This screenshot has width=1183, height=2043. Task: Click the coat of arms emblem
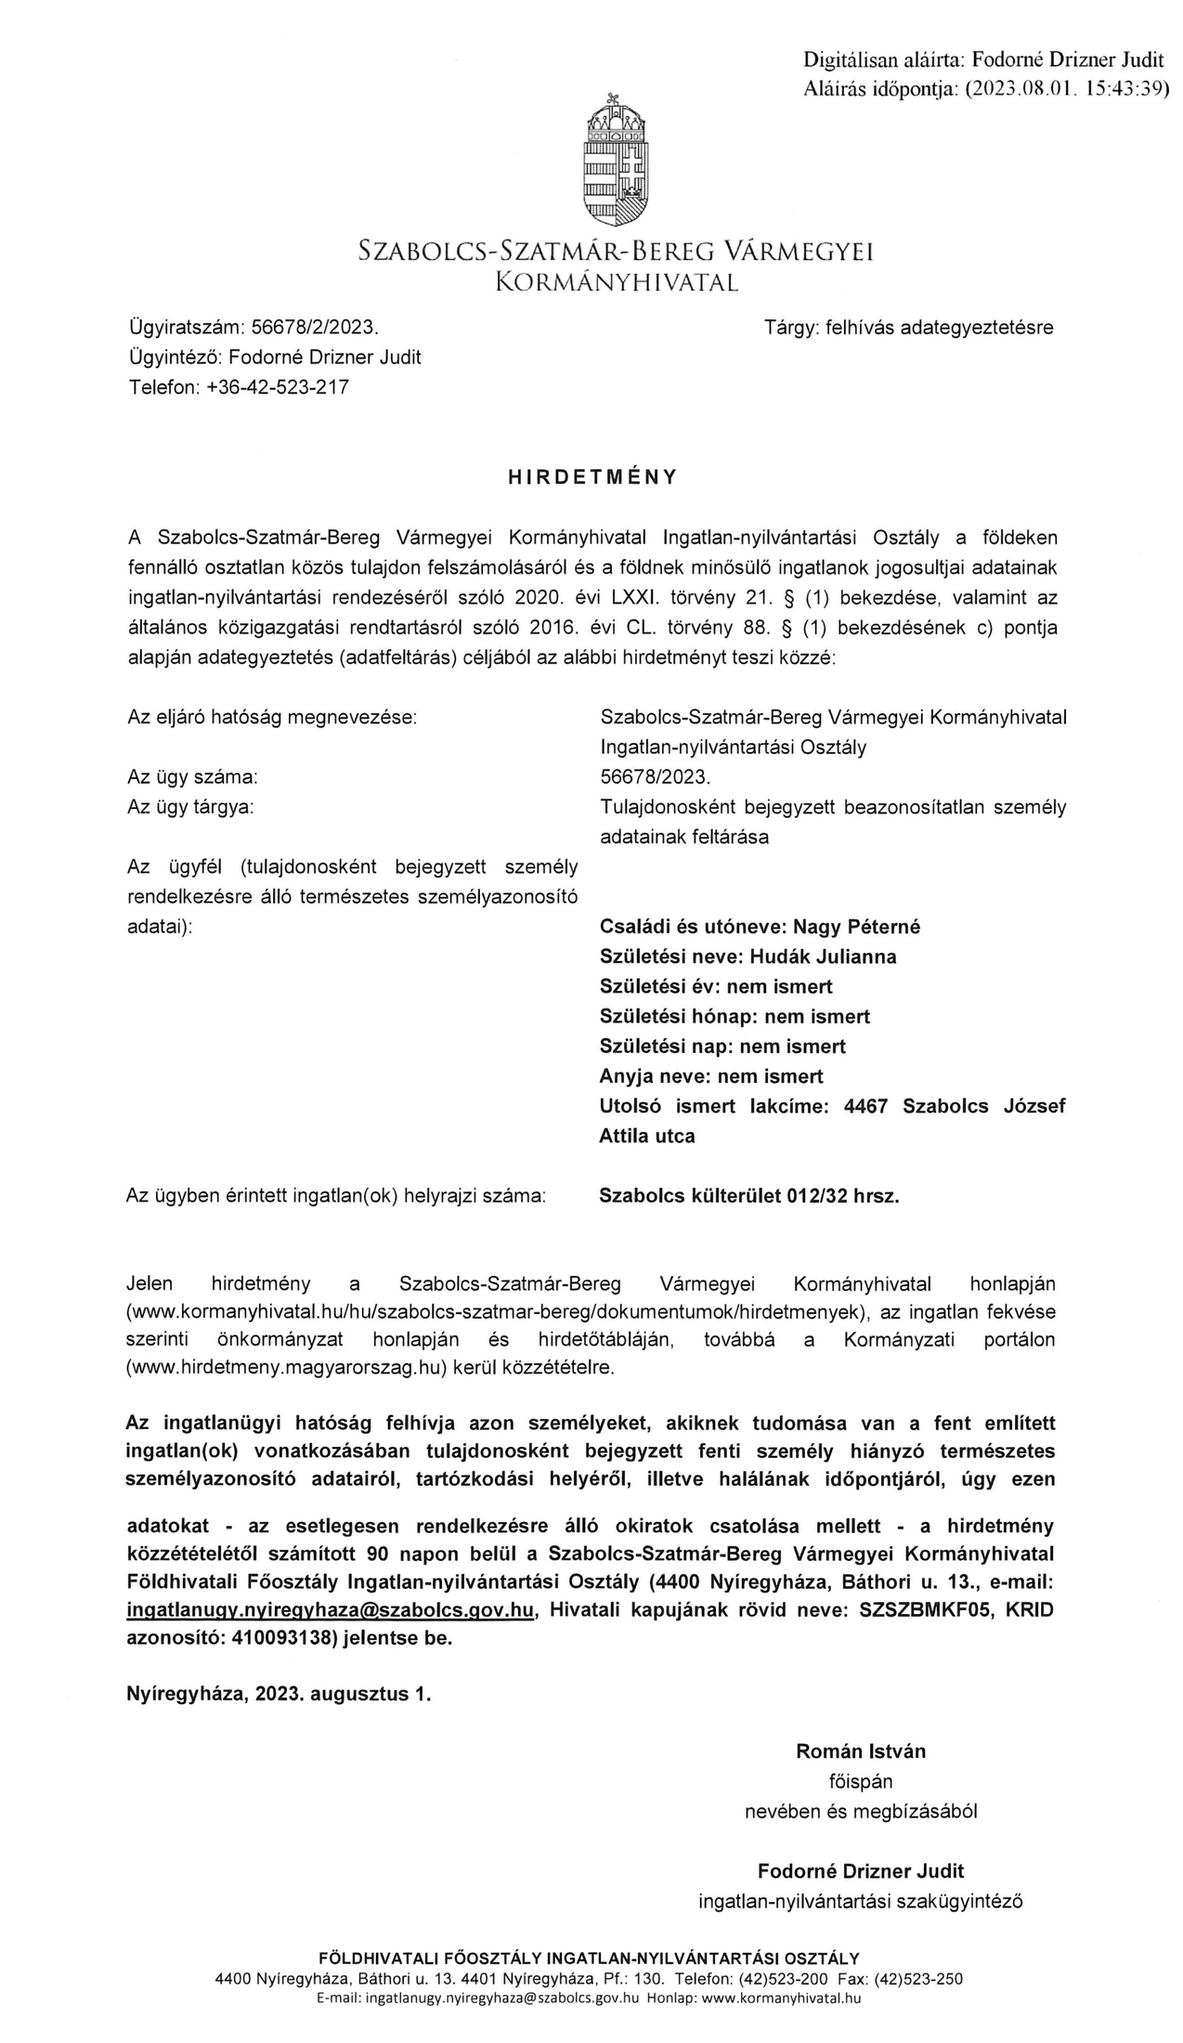[x=616, y=160]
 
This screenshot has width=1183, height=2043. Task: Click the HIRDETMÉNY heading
[x=592, y=477]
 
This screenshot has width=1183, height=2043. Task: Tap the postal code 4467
[x=865, y=1106]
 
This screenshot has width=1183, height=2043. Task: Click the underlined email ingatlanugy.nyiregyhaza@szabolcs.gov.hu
[x=331, y=1611]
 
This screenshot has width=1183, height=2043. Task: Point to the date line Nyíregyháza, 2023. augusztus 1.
[x=279, y=1693]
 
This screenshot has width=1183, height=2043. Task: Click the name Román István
[x=860, y=1751]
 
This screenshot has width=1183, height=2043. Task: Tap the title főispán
[x=860, y=1781]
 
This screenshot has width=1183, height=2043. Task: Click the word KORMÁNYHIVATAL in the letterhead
[x=617, y=281]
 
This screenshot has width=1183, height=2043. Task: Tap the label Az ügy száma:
[x=192, y=776]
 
